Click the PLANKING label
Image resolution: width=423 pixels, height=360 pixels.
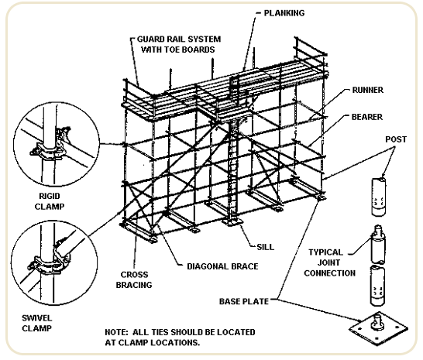point(284,13)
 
